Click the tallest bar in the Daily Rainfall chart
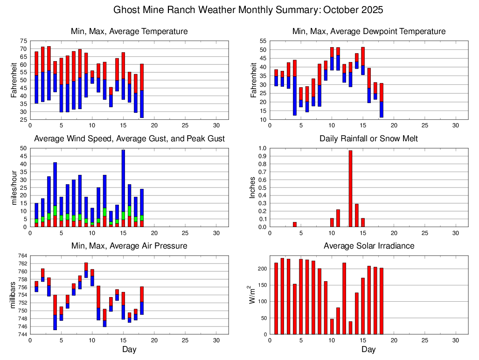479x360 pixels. [350, 188]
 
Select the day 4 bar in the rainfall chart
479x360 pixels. [295, 224]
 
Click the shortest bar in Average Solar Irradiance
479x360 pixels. [350, 328]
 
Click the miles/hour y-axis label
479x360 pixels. [14, 187]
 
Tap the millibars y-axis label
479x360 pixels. [14, 295]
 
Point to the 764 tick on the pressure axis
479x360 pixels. [22, 256]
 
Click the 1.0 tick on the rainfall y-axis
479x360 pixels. [262, 148]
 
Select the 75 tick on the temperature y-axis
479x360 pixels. [23, 41]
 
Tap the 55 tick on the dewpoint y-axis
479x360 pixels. [263, 41]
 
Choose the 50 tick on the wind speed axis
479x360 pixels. [23, 148]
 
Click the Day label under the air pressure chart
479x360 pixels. [129, 349]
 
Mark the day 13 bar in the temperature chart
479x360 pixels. [111, 97]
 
